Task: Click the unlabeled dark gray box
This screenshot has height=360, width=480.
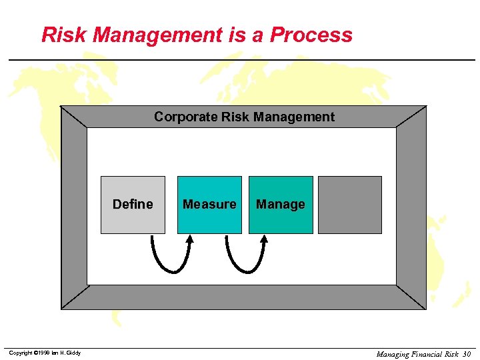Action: click(350, 205)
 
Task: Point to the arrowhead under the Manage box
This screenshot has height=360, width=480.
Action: click(263, 239)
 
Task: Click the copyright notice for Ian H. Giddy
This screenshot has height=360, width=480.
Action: click(45, 353)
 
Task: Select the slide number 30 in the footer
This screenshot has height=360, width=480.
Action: click(466, 354)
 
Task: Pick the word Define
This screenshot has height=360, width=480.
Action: click(133, 205)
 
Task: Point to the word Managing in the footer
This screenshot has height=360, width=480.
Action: click(392, 354)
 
